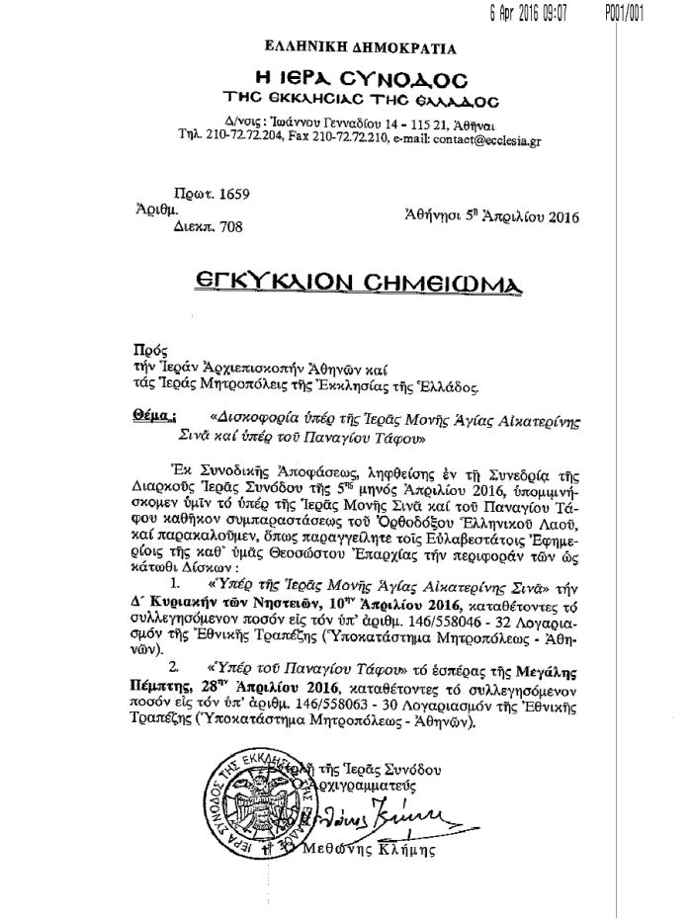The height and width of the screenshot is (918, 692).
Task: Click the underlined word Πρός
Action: [x=145, y=349]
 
